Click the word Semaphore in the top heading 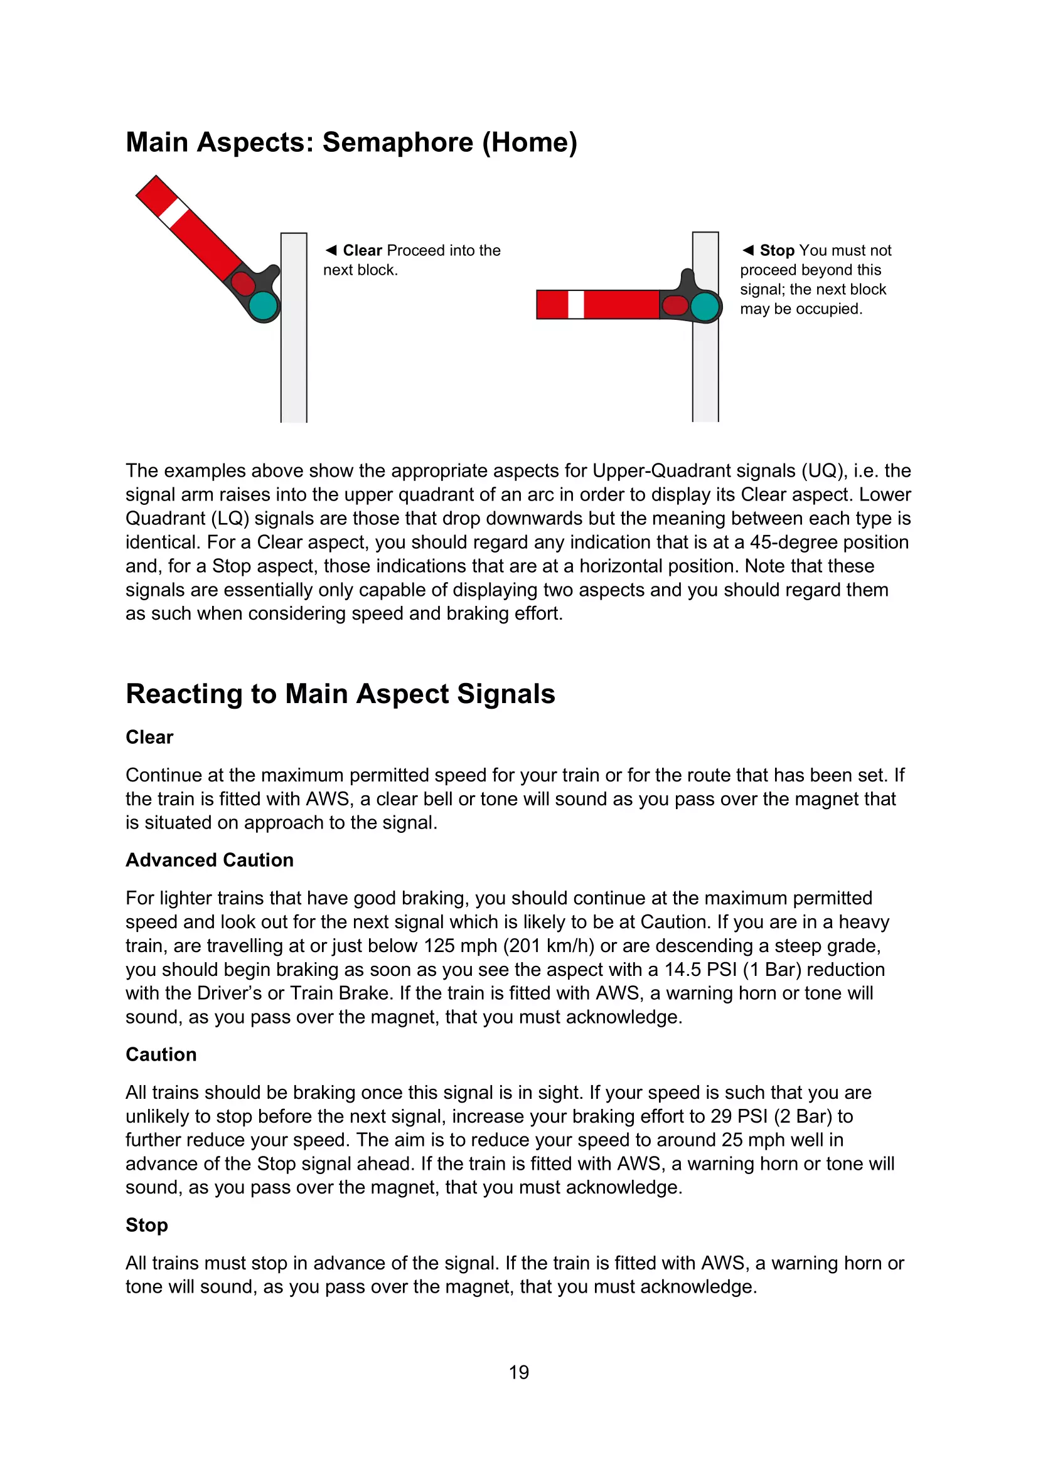tap(397, 142)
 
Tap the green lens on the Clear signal tap(263, 306)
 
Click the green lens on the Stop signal tap(705, 306)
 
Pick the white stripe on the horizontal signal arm tap(576, 305)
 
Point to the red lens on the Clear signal tap(243, 282)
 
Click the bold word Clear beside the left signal tap(362, 250)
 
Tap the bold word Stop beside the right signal tap(776, 250)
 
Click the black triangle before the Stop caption tap(748, 250)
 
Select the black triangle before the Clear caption tap(331, 250)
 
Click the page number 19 tap(519, 1372)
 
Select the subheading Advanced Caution tap(210, 860)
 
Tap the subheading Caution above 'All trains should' tap(161, 1054)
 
